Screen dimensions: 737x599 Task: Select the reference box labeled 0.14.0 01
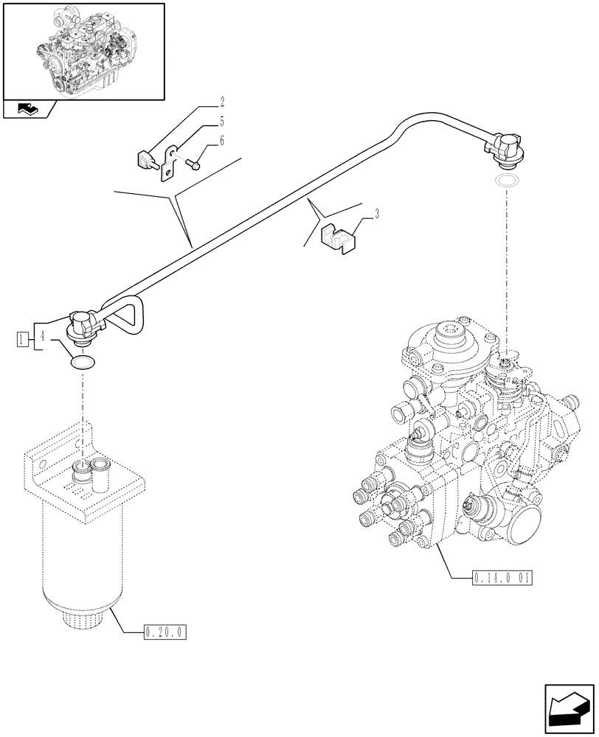pyautogui.click(x=500, y=576)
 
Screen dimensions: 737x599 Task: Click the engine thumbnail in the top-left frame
pyautogui.click(x=83, y=50)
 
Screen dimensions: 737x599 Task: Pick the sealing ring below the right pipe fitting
pyautogui.click(x=507, y=181)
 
